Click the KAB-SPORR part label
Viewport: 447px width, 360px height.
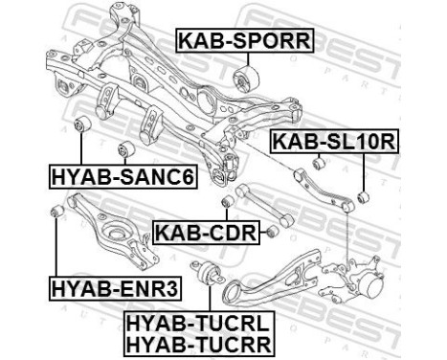pyautogui.click(x=242, y=40)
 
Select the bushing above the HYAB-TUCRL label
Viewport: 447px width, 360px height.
pyautogui.click(x=213, y=271)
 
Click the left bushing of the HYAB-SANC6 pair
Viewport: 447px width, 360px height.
pyautogui.click(x=82, y=124)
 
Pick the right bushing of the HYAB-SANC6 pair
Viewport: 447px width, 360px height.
pyautogui.click(x=123, y=149)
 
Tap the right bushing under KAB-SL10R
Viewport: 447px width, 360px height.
pyautogui.click(x=363, y=198)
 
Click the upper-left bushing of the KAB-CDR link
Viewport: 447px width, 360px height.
pyautogui.click(x=227, y=202)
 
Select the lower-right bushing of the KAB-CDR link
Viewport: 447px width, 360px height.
pyautogui.click(x=274, y=230)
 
